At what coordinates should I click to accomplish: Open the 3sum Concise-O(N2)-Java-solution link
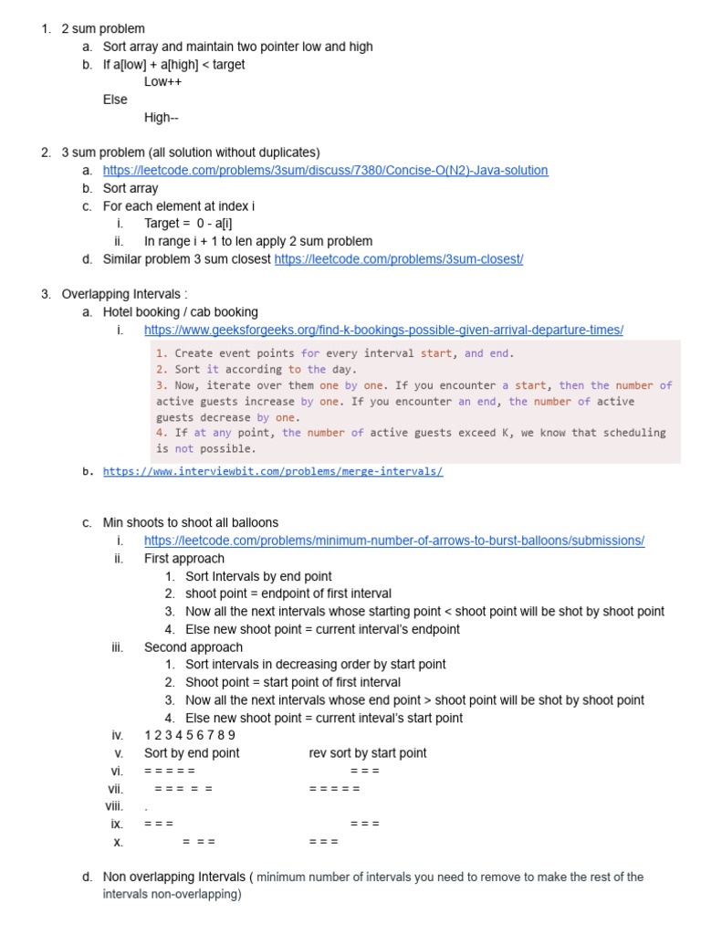325,171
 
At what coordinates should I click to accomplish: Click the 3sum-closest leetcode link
398,259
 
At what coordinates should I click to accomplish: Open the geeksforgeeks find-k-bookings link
383,331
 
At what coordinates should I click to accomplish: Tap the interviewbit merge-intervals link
273,472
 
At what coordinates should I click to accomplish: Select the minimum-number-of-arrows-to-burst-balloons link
393,541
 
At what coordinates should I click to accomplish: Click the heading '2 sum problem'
103,29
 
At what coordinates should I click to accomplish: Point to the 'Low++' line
162,82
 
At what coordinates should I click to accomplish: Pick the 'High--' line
162,118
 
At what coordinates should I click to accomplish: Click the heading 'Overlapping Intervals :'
124,295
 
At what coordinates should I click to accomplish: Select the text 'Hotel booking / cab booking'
180,312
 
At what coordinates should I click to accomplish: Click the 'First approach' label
183,559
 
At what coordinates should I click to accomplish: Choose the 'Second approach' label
193,647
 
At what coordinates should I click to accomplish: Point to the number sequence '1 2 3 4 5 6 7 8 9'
190,736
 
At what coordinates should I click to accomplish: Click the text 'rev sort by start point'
368,753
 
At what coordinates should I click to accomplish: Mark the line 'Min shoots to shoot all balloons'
191,523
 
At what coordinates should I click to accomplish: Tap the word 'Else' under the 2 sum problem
115,100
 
